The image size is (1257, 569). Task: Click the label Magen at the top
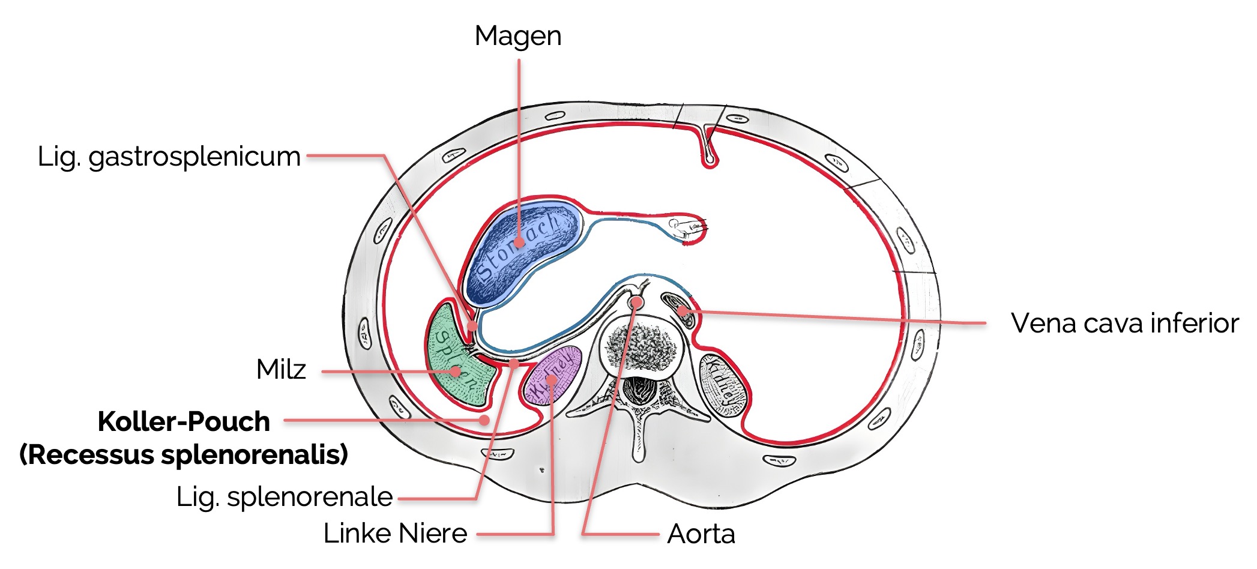click(517, 36)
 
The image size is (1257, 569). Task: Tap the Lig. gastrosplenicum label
click(169, 157)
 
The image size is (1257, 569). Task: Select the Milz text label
click(281, 369)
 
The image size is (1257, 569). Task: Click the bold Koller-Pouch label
click(184, 421)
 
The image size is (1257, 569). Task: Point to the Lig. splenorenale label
click(284, 497)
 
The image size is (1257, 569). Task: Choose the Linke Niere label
click(395, 533)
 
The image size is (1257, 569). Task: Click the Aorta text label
click(701, 534)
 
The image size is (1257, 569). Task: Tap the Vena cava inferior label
click(1124, 323)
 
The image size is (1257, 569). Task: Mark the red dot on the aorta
click(636, 303)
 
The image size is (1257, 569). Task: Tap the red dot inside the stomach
click(519, 243)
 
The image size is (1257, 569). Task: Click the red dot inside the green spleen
click(456, 372)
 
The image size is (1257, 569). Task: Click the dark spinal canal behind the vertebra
click(639, 390)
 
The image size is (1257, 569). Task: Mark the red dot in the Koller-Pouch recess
click(484, 420)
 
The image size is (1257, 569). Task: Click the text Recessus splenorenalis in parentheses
click(184, 454)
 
